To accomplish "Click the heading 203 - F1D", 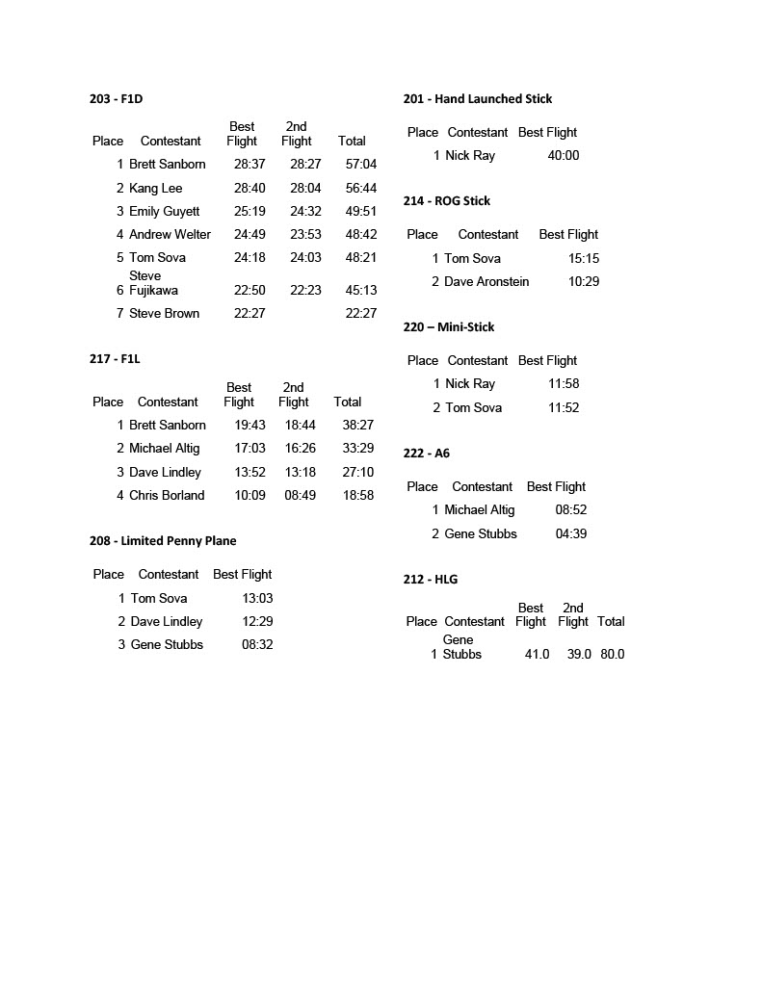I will click(116, 98).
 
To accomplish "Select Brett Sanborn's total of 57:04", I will click(361, 165).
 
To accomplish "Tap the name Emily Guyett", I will click(165, 211).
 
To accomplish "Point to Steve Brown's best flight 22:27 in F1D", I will click(250, 313).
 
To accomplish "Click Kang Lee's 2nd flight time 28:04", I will click(305, 188).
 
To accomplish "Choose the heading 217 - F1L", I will click(115, 359).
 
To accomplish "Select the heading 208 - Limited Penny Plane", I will click(163, 541).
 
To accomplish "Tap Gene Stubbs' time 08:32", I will click(257, 644).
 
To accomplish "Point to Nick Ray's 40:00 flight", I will click(564, 155).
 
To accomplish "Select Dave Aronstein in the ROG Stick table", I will click(486, 281).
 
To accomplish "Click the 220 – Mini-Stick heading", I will click(448, 327).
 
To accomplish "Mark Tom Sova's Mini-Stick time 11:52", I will click(564, 407).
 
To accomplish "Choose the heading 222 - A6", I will click(426, 454).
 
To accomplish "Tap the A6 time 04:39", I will click(571, 533).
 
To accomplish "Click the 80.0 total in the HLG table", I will click(612, 654).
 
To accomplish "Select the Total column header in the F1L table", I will click(348, 402).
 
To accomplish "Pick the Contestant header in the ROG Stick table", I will click(488, 234).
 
